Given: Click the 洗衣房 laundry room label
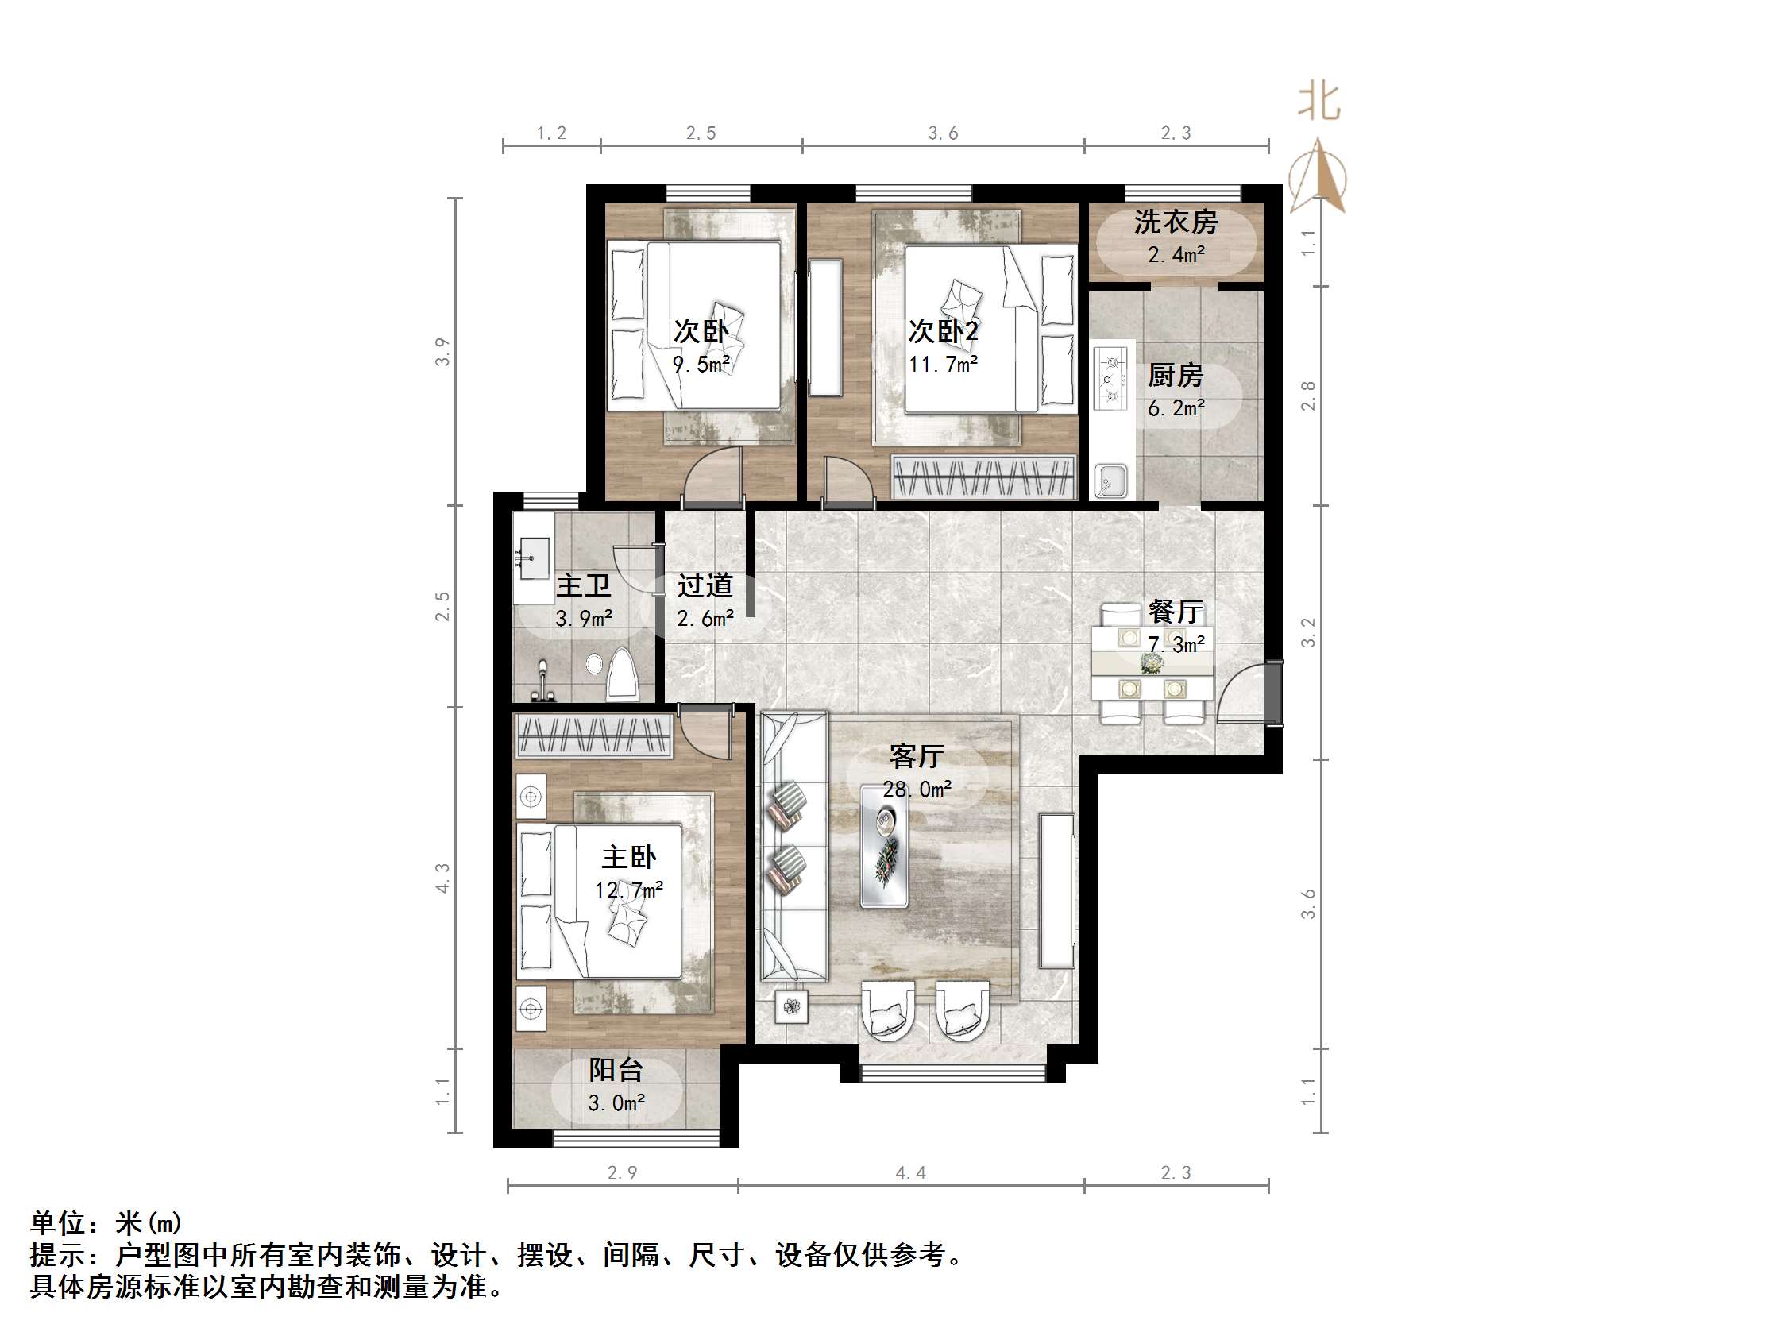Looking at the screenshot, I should pos(1176,222).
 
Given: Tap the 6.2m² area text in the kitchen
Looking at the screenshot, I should pos(1176,409).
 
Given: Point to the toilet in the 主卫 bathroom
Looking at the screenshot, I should pos(622,675).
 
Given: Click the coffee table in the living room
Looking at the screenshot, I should pos(885,847).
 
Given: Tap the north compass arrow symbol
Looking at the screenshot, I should pos(1318,176).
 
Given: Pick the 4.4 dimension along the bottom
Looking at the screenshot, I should pos(910,1173).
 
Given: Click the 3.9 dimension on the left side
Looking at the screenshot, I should pos(442,353).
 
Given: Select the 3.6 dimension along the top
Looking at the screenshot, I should pos(943,133).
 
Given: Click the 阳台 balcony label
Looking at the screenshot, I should pos(616,1069).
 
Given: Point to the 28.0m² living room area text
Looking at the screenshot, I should pos(917,790).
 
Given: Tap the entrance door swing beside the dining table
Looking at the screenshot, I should pos(1241,697).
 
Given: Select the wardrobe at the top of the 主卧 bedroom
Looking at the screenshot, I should pos(593,735).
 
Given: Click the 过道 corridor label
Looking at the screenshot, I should pos(705,585).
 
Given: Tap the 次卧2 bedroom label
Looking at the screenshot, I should pos(943,330).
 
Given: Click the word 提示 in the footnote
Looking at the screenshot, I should pos(58,1255).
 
